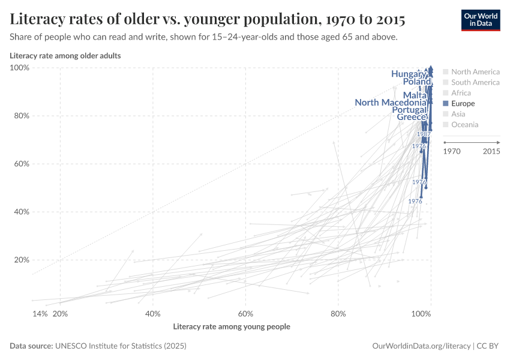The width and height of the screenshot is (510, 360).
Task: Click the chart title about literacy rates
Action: coord(208,19)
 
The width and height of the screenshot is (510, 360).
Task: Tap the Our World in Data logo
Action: coord(480,20)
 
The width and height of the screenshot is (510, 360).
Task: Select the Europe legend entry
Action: coord(463,104)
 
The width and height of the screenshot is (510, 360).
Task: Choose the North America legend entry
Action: coord(475,71)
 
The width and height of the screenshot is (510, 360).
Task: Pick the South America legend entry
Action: coord(475,82)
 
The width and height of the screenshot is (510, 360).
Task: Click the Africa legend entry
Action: coord(461,93)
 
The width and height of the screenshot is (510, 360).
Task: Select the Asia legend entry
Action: coord(458,114)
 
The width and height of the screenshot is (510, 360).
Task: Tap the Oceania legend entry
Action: coord(464,125)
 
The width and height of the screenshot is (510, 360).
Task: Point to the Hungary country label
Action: coord(409,74)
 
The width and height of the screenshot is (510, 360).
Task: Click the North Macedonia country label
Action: coord(391,103)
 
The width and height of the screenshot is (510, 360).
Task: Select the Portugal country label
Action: coord(409,110)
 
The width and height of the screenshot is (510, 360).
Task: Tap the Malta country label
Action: coord(415,95)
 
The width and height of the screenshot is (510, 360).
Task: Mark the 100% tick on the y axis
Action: coord(20,68)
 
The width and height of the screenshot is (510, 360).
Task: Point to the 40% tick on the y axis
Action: coord(22,212)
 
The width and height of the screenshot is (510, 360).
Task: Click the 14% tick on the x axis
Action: coord(40,314)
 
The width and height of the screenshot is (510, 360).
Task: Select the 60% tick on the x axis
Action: coord(245,314)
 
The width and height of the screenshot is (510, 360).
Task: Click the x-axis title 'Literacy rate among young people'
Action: coord(232,327)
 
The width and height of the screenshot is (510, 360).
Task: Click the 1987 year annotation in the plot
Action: coord(424,134)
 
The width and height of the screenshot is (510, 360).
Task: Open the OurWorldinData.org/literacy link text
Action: coord(422,346)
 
